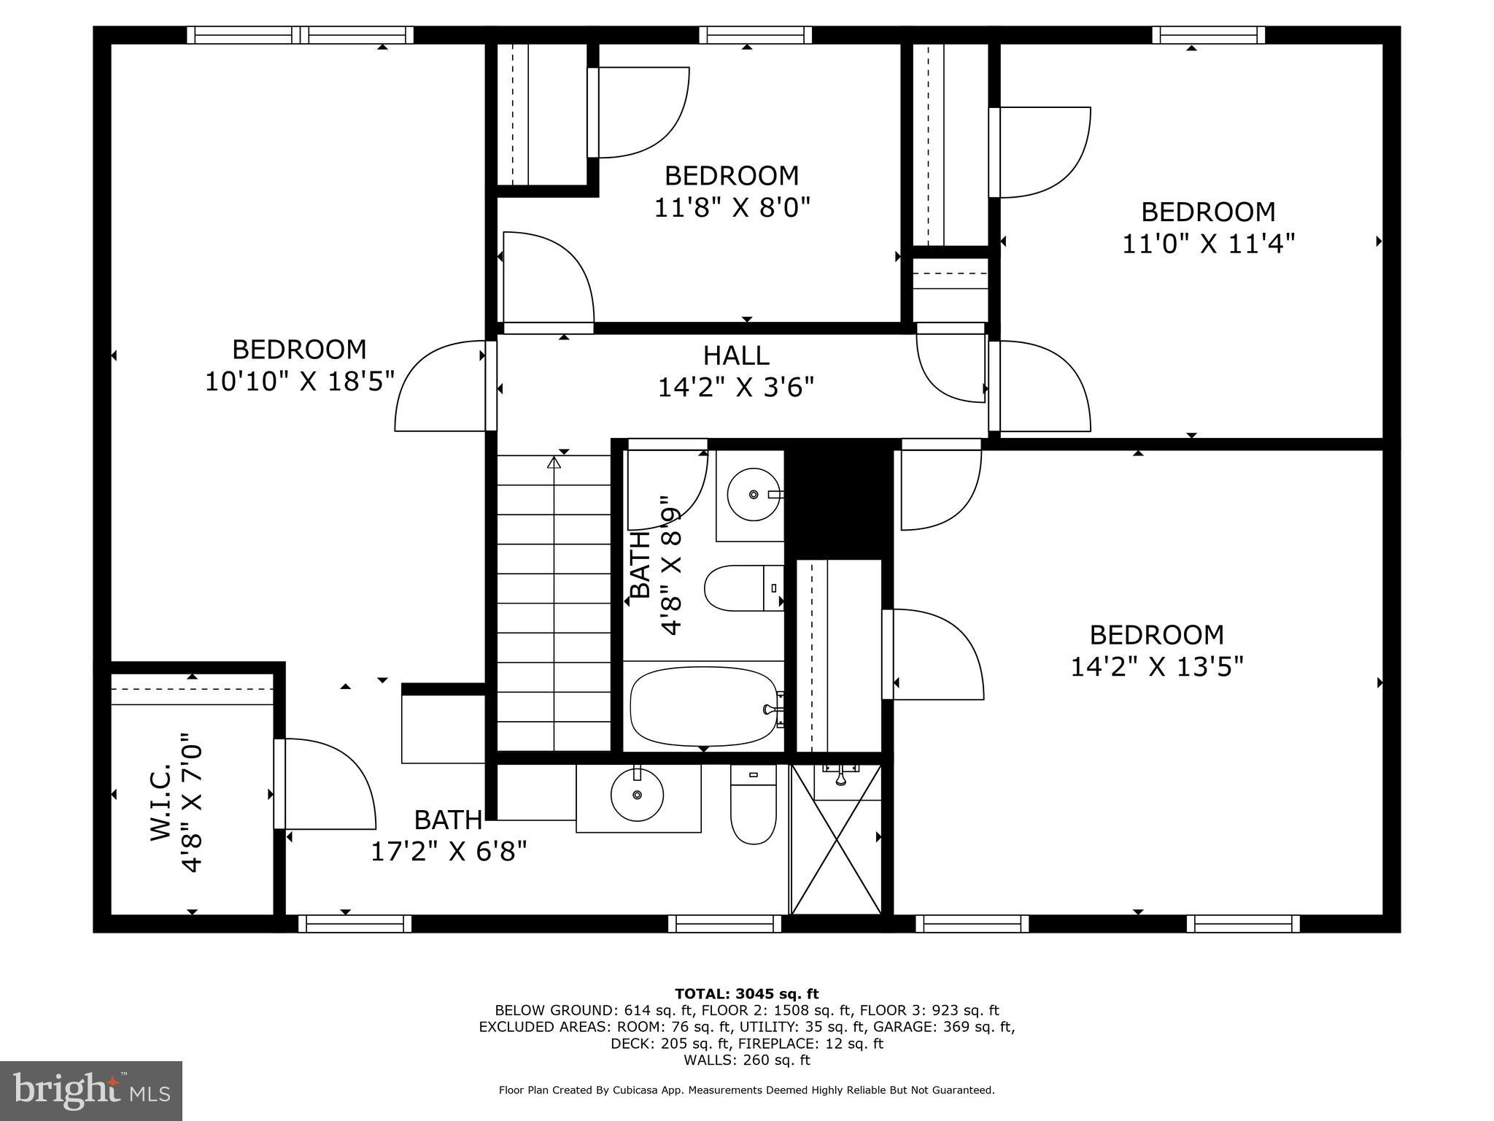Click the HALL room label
735,355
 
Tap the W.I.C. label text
161,802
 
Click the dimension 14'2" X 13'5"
1156,666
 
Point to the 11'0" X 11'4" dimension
1208,244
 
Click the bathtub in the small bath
703,707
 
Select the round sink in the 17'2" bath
637,795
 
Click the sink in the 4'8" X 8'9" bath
754,494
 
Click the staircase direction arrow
554,463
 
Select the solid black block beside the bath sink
839,501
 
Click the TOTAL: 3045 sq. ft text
746,994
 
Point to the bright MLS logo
91,1091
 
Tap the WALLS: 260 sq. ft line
746,1060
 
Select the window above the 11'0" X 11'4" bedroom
1208,35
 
